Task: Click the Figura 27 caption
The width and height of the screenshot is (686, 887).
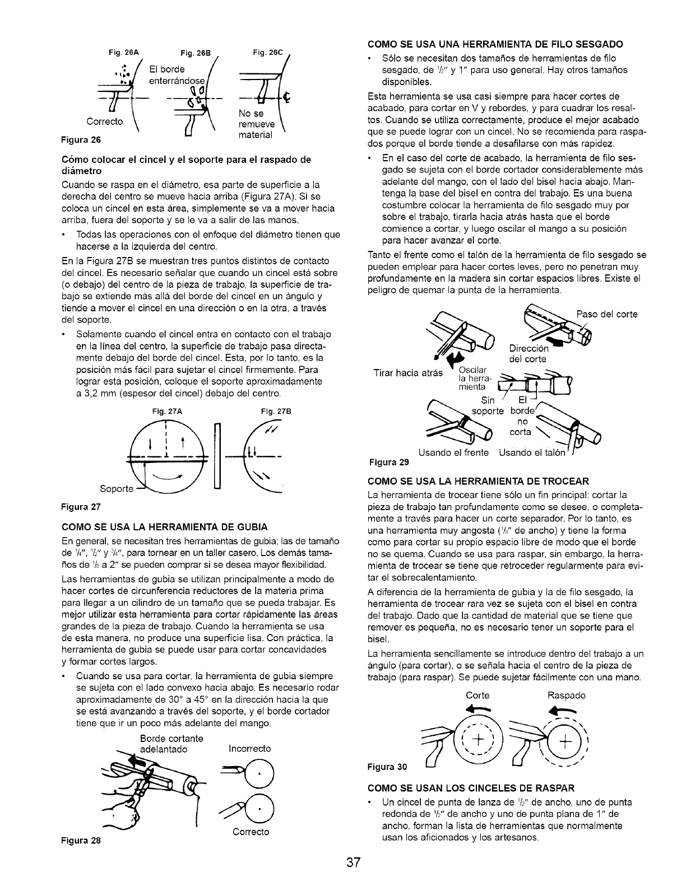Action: (85, 507)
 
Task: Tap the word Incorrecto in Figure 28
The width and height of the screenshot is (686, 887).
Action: (250, 748)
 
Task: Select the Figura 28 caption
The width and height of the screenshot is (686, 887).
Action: (85, 840)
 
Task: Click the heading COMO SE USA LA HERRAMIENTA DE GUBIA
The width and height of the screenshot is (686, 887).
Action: (168, 526)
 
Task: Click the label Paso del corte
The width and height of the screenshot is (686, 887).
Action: (607, 314)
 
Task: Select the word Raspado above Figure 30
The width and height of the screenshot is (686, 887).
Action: (566, 695)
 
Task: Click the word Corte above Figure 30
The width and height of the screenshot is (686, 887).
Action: (478, 695)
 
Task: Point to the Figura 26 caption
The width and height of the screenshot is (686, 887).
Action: (92, 138)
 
